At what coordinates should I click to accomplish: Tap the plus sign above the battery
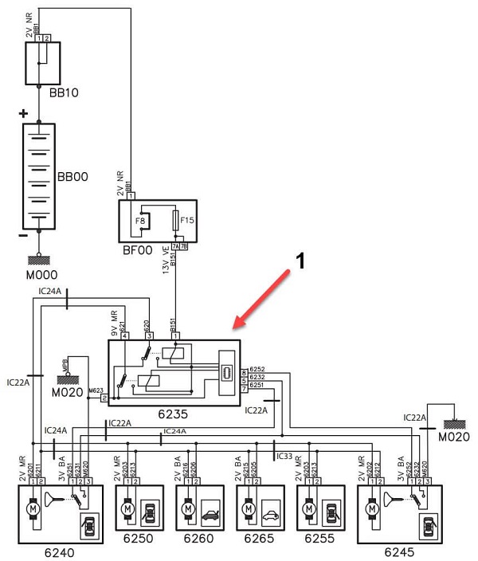coord(24,114)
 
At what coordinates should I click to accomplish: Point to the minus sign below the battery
coord(23,235)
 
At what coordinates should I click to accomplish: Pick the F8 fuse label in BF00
coord(140,219)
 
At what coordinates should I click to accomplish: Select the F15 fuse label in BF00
coord(188,219)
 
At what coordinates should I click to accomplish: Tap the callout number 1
coord(301,260)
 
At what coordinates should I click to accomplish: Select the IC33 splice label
coord(284,457)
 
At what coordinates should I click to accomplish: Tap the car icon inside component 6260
coord(212,507)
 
